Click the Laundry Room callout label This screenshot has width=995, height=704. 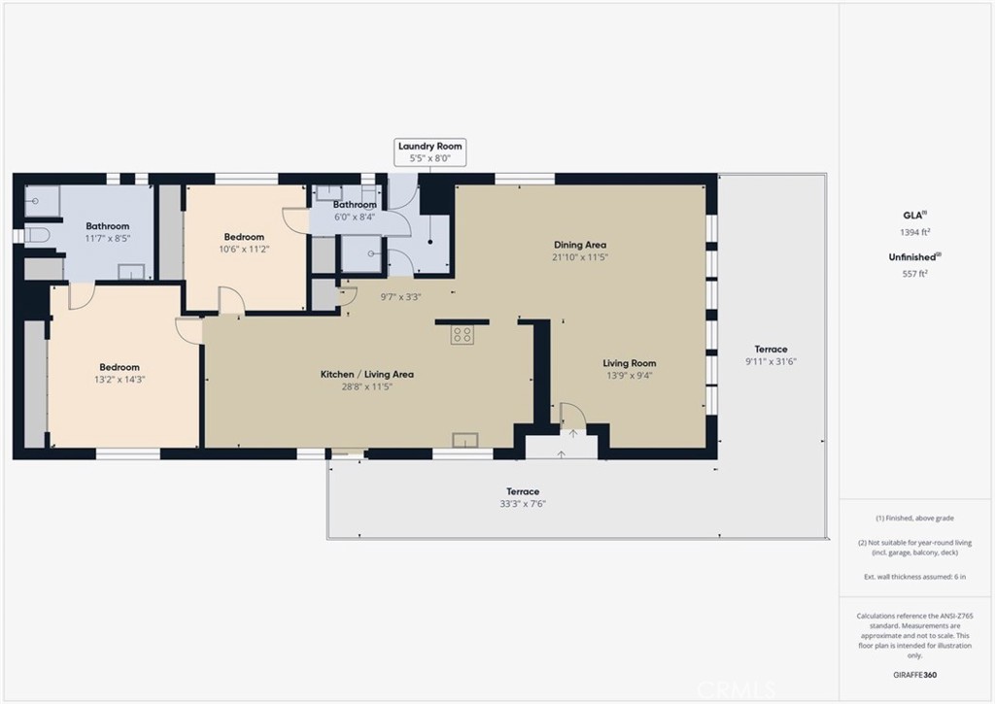pyautogui.click(x=429, y=152)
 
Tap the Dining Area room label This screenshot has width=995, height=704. pyautogui.click(x=580, y=245)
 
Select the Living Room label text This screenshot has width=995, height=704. pyautogui.click(x=630, y=363)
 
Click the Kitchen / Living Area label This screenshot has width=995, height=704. pyautogui.click(x=366, y=374)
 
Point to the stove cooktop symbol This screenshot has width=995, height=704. pyautogui.click(x=463, y=335)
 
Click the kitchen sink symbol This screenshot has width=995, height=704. pyautogui.click(x=465, y=440)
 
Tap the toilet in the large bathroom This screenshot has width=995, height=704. pyautogui.click(x=37, y=235)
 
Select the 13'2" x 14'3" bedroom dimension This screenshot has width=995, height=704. pyautogui.click(x=120, y=380)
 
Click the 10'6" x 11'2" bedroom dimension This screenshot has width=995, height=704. pyautogui.click(x=244, y=250)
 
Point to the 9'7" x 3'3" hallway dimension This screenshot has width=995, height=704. pyautogui.click(x=400, y=297)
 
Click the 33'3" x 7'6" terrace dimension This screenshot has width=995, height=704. pyautogui.click(x=523, y=504)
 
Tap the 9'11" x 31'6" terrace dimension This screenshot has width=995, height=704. pyautogui.click(x=771, y=361)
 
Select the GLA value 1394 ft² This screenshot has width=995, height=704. pyautogui.click(x=915, y=232)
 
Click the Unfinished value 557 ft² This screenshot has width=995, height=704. pyautogui.click(x=915, y=274)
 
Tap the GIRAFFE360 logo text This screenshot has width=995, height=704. pyautogui.click(x=915, y=675)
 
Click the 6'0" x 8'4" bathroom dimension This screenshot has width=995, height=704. pyautogui.click(x=355, y=217)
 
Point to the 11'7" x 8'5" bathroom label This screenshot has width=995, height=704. pyautogui.click(x=108, y=239)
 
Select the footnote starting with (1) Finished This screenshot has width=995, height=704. pyautogui.click(x=915, y=519)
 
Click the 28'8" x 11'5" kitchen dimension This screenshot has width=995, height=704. pyautogui.click(x=367, y=386)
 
